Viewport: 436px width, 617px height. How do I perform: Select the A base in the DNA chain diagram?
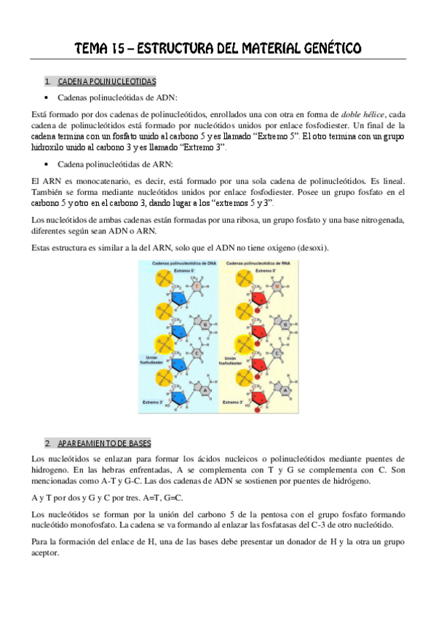pyautogui.click(x=206, y=390)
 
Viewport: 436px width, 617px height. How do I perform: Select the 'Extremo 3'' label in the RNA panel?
pyautogui.click(x=234, y=401)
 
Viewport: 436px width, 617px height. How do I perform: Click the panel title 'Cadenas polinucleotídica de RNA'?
pyautogui.click(x=255, y=264)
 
